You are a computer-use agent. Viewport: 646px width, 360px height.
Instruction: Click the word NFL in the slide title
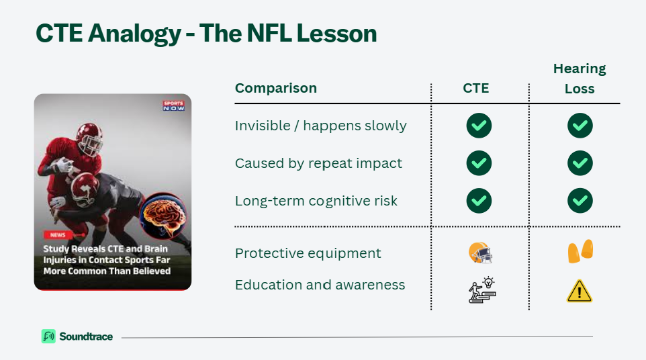point(269,33)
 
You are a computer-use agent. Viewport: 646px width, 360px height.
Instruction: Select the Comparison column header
point(275,88)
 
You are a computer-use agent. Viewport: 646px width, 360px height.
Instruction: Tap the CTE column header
point(476,88)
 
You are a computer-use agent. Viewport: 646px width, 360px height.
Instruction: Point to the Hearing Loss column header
point(580,79)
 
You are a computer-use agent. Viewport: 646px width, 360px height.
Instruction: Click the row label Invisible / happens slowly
point(320,126)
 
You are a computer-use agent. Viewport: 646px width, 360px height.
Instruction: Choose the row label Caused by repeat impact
point(318,163)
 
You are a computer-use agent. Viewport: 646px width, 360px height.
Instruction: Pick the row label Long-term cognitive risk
point(316,201)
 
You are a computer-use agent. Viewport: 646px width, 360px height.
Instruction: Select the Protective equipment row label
point(308,253)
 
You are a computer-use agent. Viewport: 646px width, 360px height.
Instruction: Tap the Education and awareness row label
point(320,285)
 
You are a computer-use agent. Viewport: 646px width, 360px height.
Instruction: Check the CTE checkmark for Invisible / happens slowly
point(479,126)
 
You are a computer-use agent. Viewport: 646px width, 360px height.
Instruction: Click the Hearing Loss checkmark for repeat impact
point(580,163)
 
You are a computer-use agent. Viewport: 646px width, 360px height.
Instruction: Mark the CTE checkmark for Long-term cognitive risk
point(479,201)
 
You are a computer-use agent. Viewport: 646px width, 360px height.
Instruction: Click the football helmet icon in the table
point(480,253)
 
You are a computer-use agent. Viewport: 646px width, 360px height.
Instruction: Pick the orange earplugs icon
point(580,251)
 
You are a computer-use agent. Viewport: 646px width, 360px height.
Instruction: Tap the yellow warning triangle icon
point(580,291)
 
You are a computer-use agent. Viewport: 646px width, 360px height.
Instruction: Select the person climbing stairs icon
point(482,290)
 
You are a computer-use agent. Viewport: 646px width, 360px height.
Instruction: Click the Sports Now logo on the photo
point(174,106)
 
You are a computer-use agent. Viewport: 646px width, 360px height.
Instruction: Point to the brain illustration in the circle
point(163,216)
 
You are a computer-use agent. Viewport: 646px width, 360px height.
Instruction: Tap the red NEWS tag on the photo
point(58,235)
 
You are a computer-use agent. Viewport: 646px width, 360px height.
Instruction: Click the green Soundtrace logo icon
point(48,336)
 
